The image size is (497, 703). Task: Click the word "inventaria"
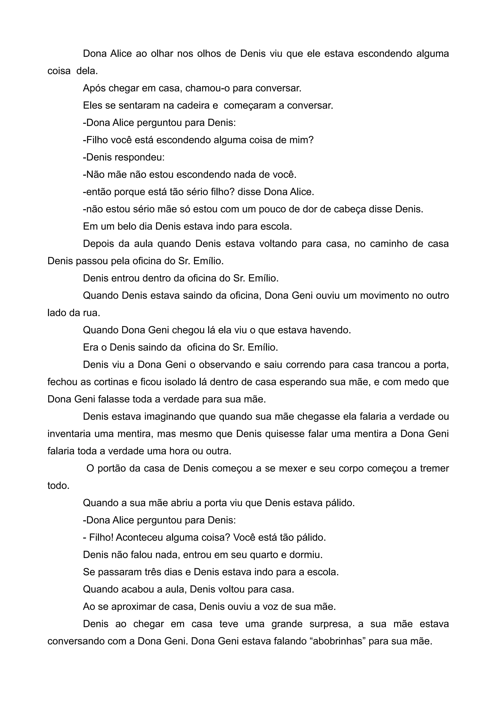pos(69,434)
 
